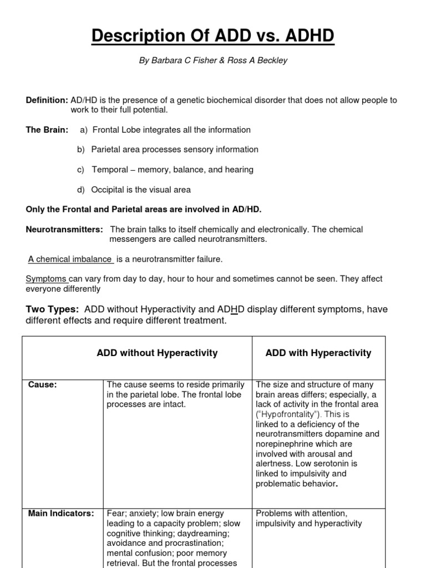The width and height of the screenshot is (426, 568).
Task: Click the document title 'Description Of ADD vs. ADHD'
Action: pyautogui.click(x=213, y=37)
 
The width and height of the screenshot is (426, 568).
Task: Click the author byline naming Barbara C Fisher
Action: pyautogui.click(x=213, y=61)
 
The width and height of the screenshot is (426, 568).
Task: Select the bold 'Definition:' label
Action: pyautogui.click(x=47, y=100)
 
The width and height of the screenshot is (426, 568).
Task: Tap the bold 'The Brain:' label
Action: pyautogui.click(x=47, y=130)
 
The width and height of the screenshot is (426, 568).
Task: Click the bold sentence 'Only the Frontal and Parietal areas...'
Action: pyautogui.click(x=144, y=209)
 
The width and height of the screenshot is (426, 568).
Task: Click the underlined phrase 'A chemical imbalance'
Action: pyautogui.click(x=70, y=259)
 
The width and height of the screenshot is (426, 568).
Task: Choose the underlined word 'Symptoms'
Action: pyautogui.click(x=47, y=279)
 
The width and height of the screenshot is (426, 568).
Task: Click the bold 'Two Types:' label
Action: pyautogui.click(x=52, y=308)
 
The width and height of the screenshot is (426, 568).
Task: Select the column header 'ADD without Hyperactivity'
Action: pyautogui.click(x=157, y=353)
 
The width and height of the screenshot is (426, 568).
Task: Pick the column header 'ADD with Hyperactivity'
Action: pyautogui.click(x=318, y=353)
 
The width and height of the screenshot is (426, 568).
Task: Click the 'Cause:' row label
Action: pyautogui.click(x=42, y=385)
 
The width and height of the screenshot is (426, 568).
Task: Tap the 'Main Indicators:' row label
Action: pyautogui.click(x=61, y=514)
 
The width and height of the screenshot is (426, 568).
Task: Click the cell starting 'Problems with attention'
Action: pyautogui.click(x=308, y=518)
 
